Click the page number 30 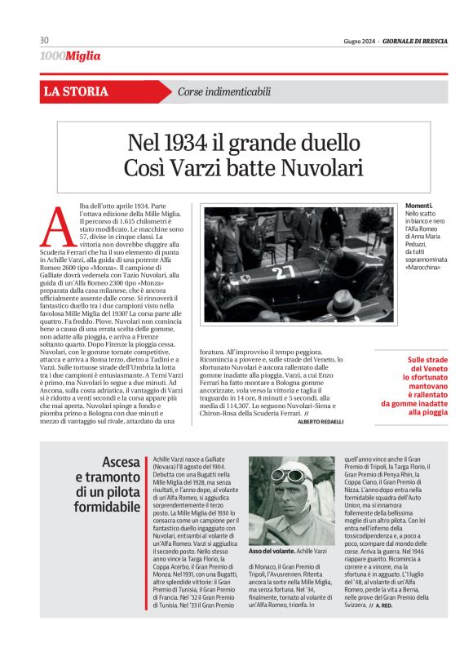coord(44,41)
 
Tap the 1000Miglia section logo coord(70,55)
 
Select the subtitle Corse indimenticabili coord(223,91)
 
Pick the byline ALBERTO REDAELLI coord(320,421)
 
